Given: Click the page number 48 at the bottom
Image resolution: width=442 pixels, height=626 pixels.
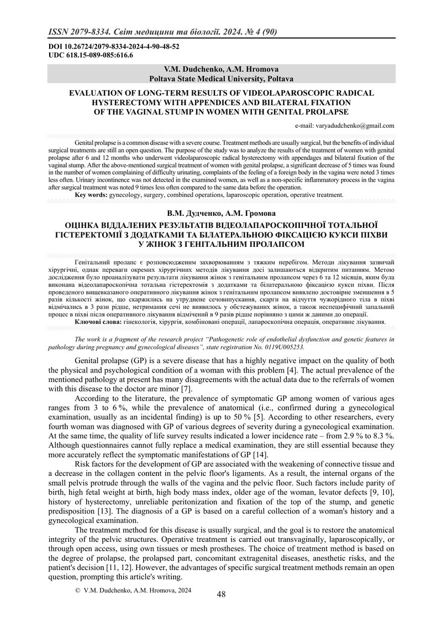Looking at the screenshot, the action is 221,594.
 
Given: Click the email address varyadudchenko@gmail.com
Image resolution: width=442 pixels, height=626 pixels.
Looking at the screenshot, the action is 345,126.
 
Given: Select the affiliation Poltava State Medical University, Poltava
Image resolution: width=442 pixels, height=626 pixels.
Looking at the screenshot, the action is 221,79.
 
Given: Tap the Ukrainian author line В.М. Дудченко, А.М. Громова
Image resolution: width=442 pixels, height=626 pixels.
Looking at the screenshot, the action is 221,213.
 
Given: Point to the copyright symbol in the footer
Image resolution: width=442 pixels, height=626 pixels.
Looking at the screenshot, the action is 77,591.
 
